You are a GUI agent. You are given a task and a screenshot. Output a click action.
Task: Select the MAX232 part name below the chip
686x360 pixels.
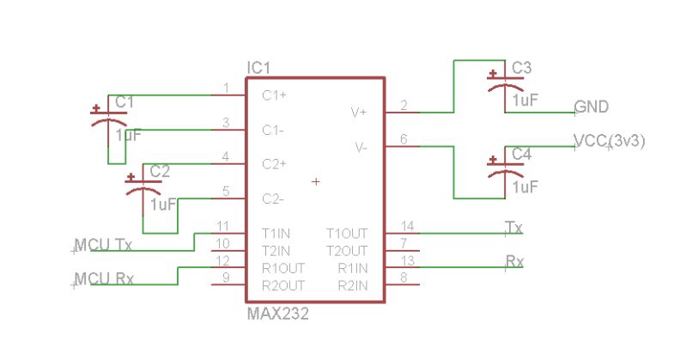click(277, 314)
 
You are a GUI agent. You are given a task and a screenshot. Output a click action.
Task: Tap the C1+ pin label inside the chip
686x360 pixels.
click(274, 95)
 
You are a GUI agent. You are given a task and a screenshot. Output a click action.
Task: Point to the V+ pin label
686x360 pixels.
click(358, 113)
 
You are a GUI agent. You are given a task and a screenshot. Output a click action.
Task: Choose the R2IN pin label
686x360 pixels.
click(352, 284)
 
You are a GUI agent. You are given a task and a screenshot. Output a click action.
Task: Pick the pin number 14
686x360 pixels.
click(407, 226)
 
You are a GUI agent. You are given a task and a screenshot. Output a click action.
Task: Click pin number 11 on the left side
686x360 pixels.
click(222, 226)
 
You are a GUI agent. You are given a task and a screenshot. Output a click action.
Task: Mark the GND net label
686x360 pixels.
click(592, 107)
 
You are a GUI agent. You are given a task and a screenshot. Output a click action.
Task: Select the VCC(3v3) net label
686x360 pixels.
click(609, 141)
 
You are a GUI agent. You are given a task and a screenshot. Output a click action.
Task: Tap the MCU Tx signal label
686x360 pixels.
click(103, 245)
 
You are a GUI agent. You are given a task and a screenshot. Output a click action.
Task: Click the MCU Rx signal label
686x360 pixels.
click(103, 279)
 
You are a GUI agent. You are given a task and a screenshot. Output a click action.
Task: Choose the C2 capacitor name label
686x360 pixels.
click(160, 171)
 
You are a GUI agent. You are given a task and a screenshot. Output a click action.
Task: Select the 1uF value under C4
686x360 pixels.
click(525, 186)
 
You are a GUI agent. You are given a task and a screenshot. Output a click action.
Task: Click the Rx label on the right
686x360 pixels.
click(514, 261)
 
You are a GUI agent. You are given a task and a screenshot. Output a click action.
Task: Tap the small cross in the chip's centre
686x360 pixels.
click(316, 181)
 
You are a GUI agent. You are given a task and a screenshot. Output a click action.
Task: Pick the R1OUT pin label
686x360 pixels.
click(282, 267)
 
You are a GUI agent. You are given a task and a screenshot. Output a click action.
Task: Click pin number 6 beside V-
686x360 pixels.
click(404, 140)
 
